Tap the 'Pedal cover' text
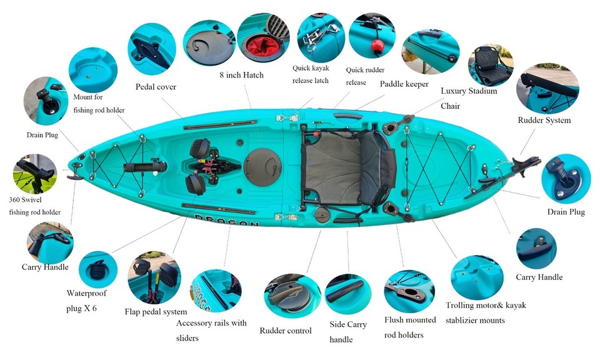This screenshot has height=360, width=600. click(x=156, y=87)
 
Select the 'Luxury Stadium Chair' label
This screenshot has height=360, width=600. click(x=469, y=98)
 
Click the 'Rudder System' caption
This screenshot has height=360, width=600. click(x=544, y=120)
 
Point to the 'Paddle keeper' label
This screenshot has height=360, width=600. click(x=404, y=83)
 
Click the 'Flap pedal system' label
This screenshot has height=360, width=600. click(x=156, y=312)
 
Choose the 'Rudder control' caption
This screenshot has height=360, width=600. click(x=285, y=331)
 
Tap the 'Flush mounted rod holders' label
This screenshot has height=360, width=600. click(x=410, y=327)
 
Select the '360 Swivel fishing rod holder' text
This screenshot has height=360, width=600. click(x=35, y=204)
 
